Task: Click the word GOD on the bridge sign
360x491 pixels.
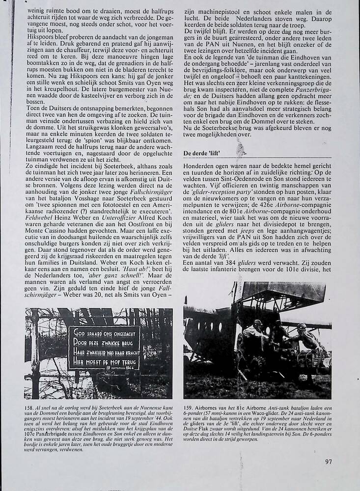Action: [79, 331]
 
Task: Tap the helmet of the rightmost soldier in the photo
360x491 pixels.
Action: [301, 327]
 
